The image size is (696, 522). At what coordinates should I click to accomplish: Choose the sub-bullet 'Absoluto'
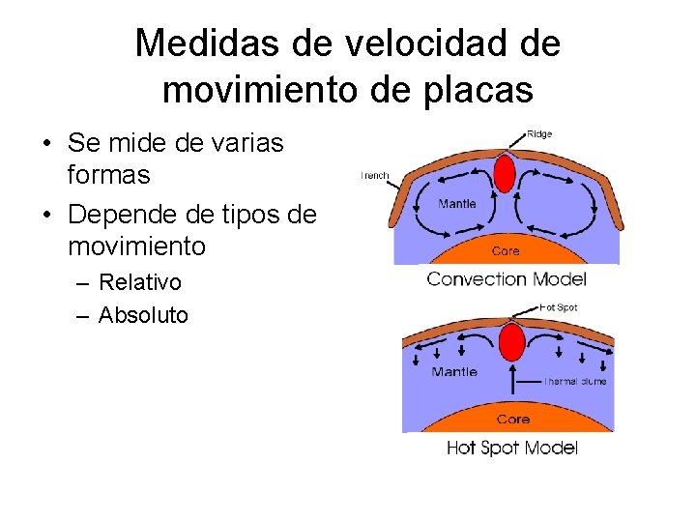point(143,315)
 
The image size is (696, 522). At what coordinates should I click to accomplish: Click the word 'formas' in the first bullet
point(109,175)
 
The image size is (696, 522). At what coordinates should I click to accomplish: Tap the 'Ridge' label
point(539,134)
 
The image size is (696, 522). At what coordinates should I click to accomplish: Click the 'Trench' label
point(374,176)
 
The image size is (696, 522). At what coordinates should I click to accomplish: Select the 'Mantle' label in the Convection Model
point(456,204)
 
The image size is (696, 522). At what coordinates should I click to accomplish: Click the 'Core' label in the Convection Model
point(506,250)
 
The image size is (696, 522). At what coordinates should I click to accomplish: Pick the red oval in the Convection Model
point(505,174)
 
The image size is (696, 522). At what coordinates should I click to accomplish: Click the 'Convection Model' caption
point(507,279)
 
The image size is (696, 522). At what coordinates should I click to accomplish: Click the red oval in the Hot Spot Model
point(511,342)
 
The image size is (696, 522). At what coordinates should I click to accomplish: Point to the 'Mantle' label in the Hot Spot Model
point(454,372)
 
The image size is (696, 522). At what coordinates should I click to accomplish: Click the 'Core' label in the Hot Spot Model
point(512,420)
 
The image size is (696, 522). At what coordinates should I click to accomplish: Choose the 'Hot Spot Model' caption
point(511,448)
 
